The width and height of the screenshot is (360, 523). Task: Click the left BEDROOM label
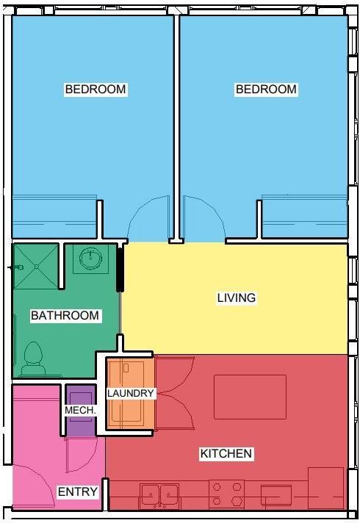pyautogui.click(x=96, y=90)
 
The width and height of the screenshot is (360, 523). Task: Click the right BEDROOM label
pyautogui.click(x=266, y=90)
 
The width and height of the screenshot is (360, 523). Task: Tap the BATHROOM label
pyautogui.click(x=65, y=316)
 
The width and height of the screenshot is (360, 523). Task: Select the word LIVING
pyautogui.click(x=237, y=297)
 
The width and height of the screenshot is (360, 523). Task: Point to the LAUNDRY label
pyautogui.click(x=131, y=393)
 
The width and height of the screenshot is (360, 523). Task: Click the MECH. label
pyautogui.click(x=80, y=410)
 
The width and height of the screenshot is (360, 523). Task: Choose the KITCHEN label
pyautogui.click(x=226, y=454)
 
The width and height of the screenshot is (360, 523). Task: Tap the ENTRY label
pyautogui.click(x=78, y=491)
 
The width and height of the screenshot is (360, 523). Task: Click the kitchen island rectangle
pyautogui.click(x=250, y=397)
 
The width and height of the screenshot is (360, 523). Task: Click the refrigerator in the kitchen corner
pyautogui.click(x=326, y=488)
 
